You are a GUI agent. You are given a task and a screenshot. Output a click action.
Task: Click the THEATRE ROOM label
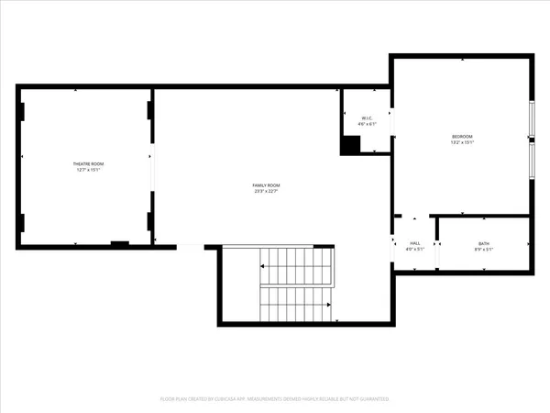pos(87,163)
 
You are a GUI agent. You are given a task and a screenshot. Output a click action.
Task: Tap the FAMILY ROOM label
pos(266,185)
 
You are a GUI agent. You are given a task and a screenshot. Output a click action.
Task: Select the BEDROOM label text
pos(461,137)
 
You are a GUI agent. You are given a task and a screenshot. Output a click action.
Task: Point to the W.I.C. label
pos(367,118)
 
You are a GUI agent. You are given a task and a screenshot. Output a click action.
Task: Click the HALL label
pos(414,243)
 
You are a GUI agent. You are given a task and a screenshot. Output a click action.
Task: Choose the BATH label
pos(483,243)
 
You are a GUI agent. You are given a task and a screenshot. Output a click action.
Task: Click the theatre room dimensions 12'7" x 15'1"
pos(87,170)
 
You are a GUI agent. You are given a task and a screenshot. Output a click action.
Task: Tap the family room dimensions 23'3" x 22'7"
pos(266,192)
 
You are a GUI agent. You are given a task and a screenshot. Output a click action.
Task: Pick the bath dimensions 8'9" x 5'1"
pos(483,250)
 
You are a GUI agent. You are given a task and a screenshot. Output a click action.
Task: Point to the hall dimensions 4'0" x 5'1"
pos(414,250)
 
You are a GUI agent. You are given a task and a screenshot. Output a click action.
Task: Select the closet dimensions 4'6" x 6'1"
pos(367,125)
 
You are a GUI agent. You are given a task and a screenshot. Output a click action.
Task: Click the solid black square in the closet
pos(350,144)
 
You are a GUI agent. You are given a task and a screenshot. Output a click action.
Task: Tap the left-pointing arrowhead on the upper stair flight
pos(263,266)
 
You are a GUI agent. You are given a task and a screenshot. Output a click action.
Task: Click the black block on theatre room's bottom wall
pos(119,243)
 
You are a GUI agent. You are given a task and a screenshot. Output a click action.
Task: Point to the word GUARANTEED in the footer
pos(374,399)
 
